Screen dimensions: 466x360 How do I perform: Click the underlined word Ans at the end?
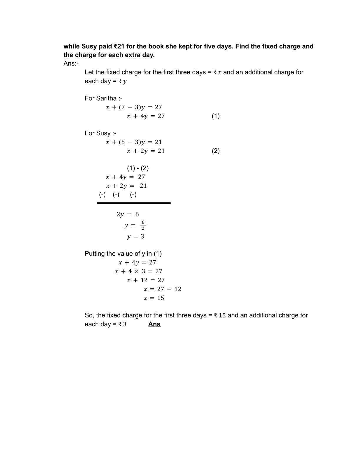pos(154,324)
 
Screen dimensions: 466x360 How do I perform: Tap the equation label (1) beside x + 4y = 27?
pos(216,116)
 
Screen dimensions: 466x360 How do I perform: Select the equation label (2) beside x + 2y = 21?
pos(216,151)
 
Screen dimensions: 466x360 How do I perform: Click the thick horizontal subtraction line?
pos(134,203)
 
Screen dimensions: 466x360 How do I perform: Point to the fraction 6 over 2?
pos(143,225)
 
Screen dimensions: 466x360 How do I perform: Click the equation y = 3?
pos(136,237)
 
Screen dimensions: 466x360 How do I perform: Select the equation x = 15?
pos(154,298)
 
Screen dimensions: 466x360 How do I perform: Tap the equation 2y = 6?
pos(128,214)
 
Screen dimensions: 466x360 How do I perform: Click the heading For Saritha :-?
pos(104,98)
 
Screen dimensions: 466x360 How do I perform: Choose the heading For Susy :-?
pos(100,133)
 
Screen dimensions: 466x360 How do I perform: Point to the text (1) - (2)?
pos(138,168)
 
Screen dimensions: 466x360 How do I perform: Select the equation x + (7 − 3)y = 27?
pos(134,107)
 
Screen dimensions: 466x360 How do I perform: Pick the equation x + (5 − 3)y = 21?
pos(134,142)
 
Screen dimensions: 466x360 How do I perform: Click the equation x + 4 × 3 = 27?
pos(139,271)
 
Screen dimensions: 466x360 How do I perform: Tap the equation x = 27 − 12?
pos(162,289)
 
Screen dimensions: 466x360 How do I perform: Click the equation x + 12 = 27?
pos(146,280)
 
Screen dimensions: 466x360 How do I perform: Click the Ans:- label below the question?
pos(71,64)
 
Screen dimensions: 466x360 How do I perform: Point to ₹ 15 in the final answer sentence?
pos(220,315)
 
